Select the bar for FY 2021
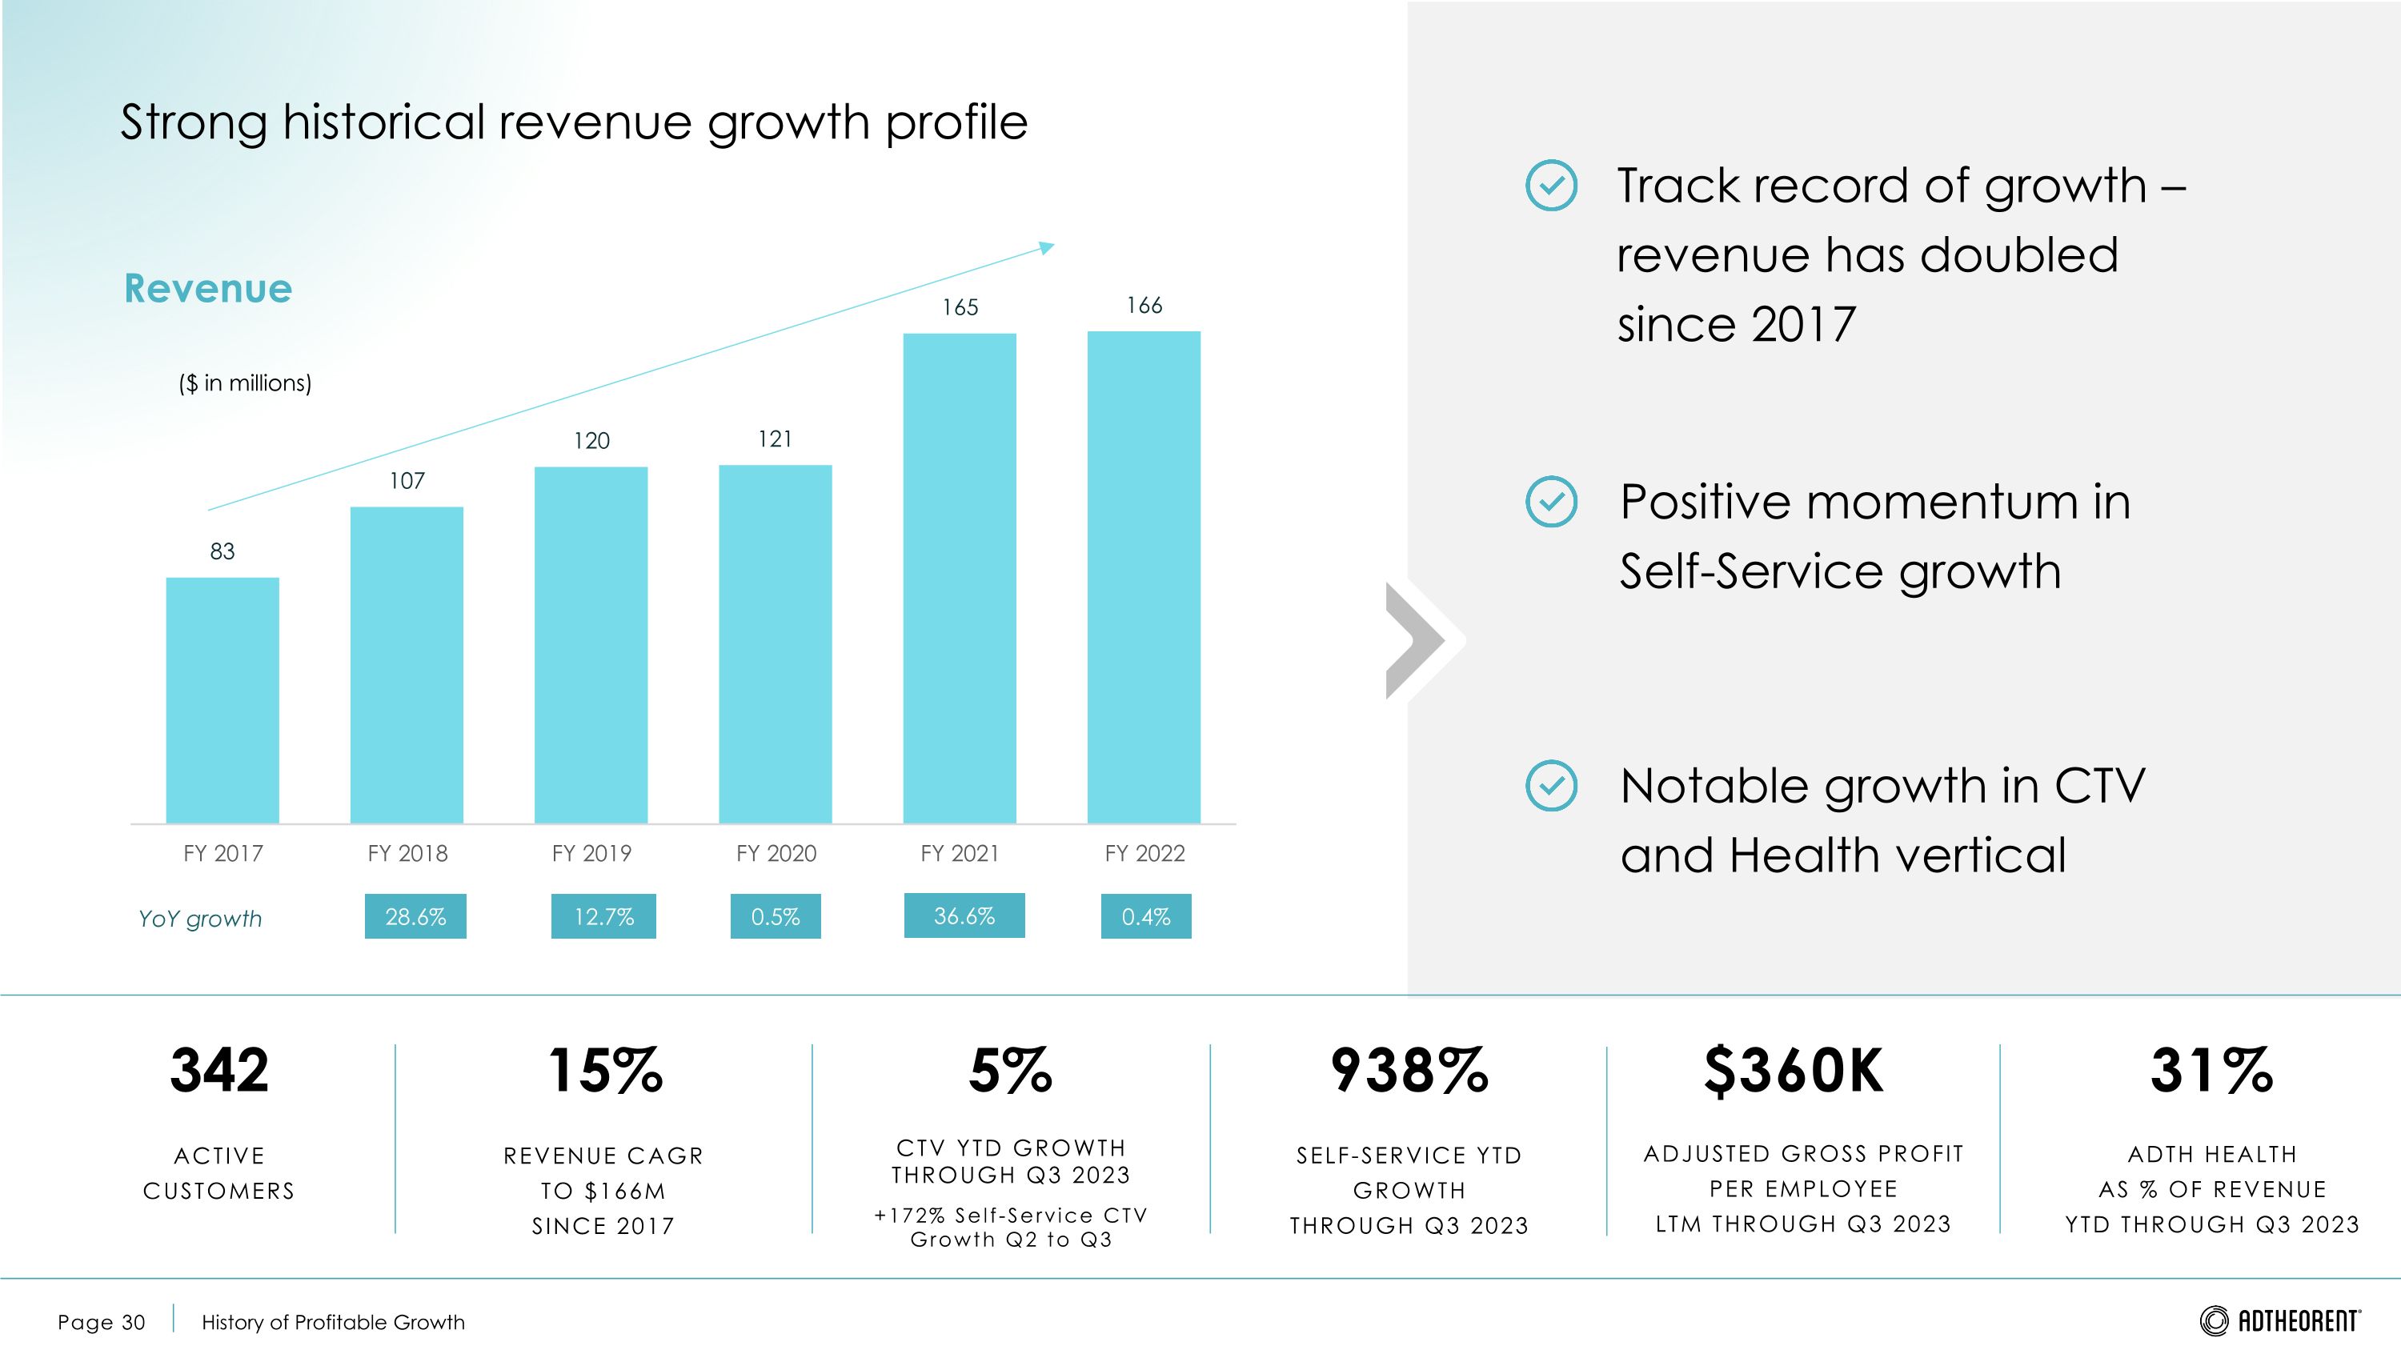point(959,578)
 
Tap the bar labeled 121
point(775,643)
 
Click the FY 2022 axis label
point(1144,853)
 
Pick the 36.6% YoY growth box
point(964,915)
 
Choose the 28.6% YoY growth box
point(415,917)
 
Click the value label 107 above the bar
point(407,481)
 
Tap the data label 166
point(1144,306)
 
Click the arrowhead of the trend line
point(1048,248)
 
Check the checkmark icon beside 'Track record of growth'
point(1551,186)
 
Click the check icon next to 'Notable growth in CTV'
point(1551,785)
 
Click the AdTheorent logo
point(2280,1320)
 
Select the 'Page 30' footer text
point(101,1322)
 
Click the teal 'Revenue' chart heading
point(208,288)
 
